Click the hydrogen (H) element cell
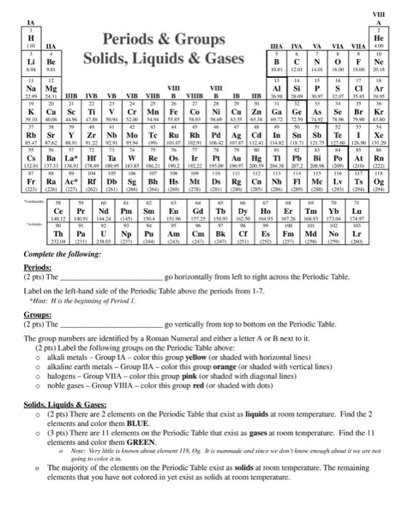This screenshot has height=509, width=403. point(11,37)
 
